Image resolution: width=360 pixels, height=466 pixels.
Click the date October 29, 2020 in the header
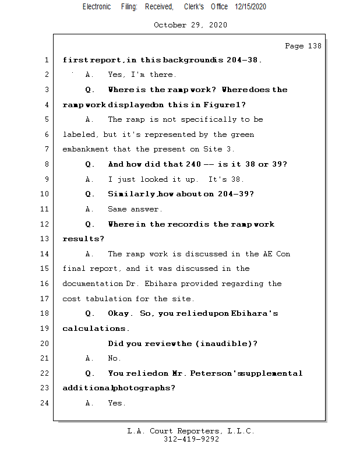click(x=190, y=25)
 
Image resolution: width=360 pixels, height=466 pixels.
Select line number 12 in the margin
click(x=45, y=224)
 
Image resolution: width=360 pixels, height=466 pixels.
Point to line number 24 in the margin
click(x=45, y=403)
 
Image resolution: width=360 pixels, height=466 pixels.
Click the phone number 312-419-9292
click(x=191, y=439)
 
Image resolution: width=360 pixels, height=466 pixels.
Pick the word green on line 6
click(x=242, y=135)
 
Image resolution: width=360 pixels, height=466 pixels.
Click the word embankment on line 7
click(x=86, y=150)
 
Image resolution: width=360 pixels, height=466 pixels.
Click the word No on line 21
click(x=114, y=358)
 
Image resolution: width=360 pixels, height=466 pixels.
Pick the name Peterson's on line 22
click(x=219, y=373)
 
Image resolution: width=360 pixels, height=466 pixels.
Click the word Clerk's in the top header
click(x=194, y=6)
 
